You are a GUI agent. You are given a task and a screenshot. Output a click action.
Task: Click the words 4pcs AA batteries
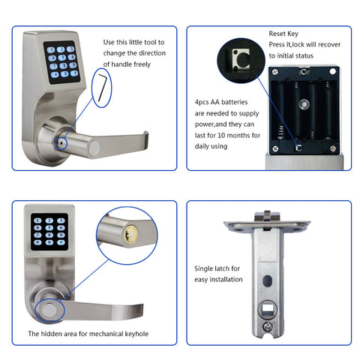220,100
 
